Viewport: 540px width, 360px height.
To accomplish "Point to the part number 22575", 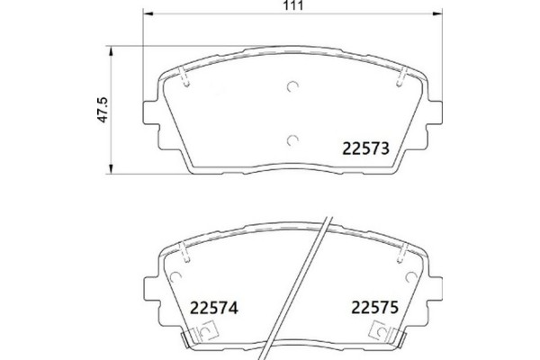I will pyautogui.click(x=373, y=308).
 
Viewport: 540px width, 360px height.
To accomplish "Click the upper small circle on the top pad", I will pyautogui.click(x=291, y=86).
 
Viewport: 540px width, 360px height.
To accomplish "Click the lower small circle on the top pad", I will pyautogui.click(x=291, y=139).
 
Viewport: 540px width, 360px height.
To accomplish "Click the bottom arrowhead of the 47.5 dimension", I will pyautogui.click(x=111, y=171).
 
